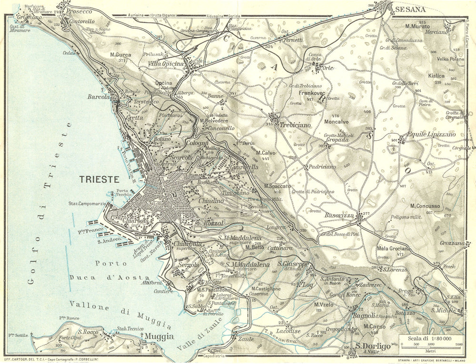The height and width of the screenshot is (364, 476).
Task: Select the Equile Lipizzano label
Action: [x=430, y=135]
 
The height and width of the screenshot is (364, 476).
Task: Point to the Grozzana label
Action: [x=452, y=243]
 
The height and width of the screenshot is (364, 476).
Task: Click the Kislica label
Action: [x=436, y=76]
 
